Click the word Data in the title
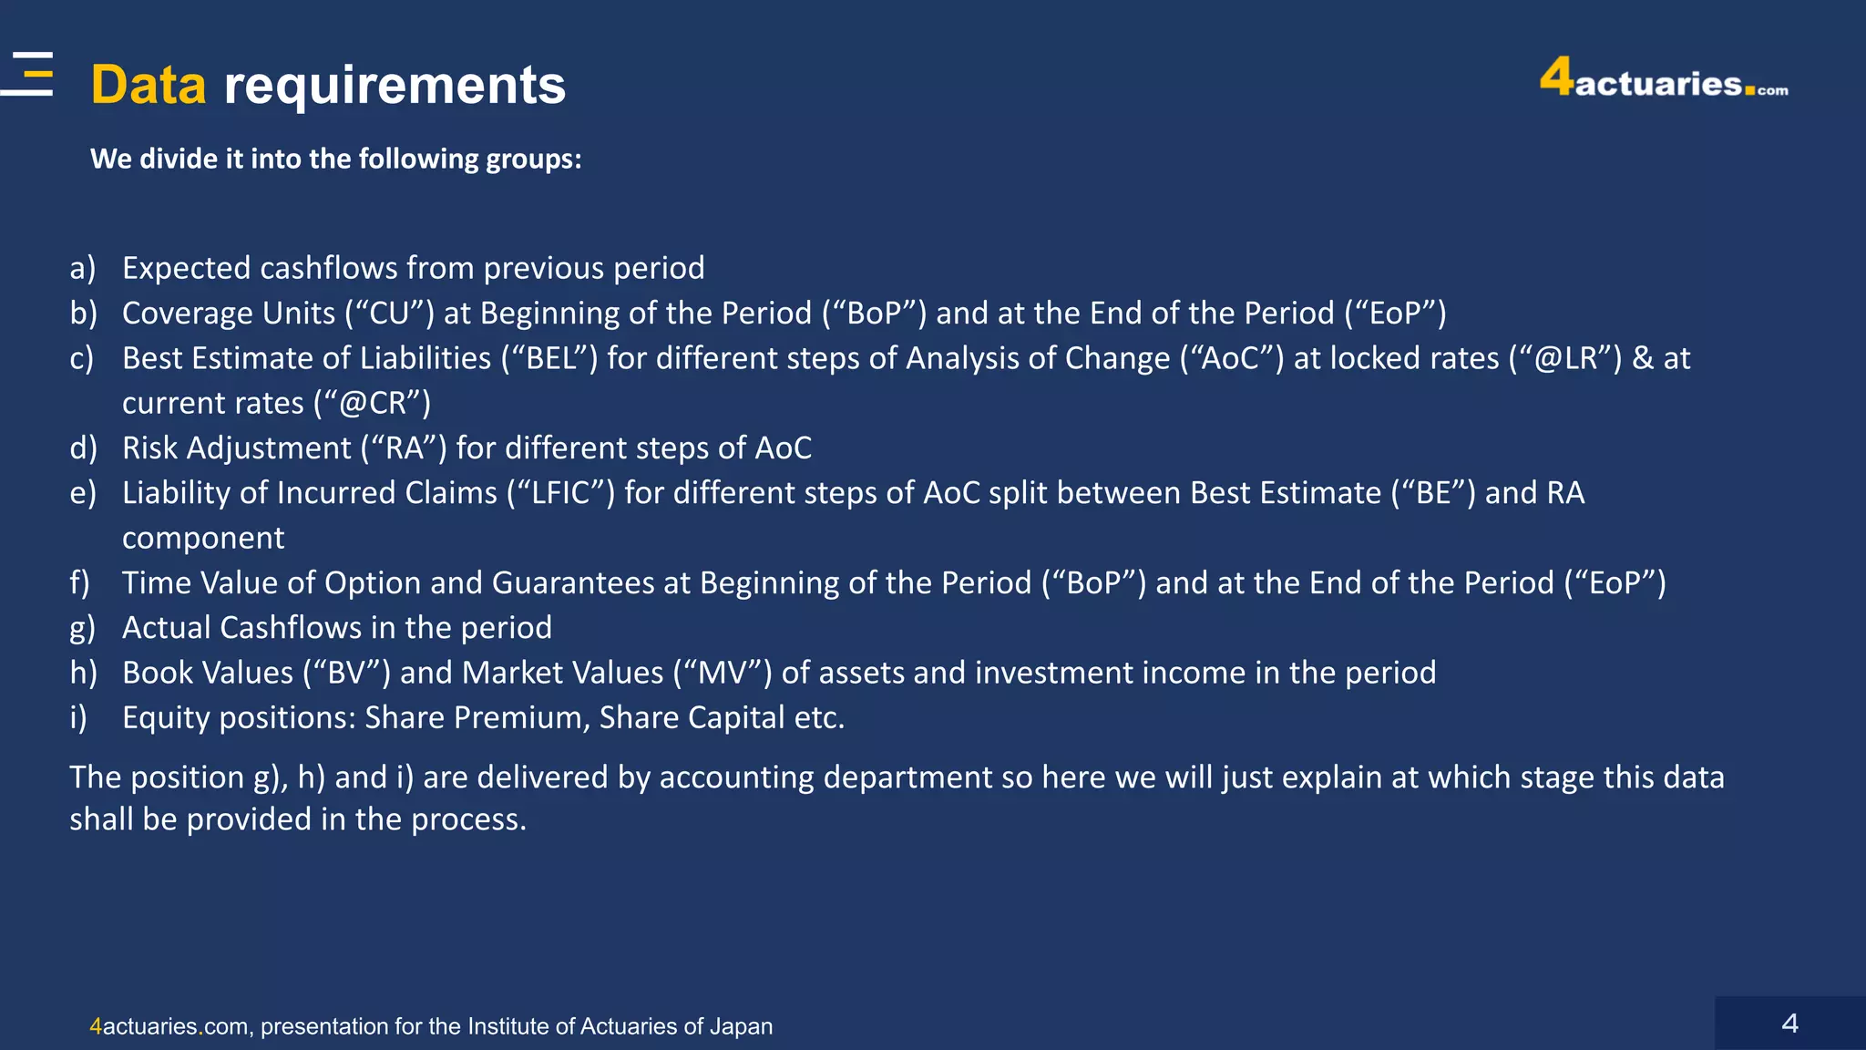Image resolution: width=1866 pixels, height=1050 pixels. (149, 85)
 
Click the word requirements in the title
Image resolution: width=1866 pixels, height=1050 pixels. (395, 85)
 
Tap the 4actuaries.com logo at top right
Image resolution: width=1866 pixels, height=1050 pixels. (1663, 79)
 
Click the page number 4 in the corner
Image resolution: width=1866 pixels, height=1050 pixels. (1789, 1024)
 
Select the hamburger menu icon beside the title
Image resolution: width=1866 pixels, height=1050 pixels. (29, 74)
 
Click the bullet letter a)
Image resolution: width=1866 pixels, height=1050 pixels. (83, 268)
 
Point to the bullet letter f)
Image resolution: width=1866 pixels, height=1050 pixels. (80, 582)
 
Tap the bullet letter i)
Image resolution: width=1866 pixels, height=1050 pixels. (78, 717)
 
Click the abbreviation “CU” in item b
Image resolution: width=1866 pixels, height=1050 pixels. (389, 313)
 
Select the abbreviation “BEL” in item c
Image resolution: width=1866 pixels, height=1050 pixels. (549, 358)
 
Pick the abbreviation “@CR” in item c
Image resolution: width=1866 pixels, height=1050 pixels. (372, 403)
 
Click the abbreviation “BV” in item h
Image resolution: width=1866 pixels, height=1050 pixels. (346, 673)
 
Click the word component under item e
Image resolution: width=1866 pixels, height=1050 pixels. (203, 538)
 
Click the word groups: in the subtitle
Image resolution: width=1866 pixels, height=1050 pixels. (533, 160)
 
